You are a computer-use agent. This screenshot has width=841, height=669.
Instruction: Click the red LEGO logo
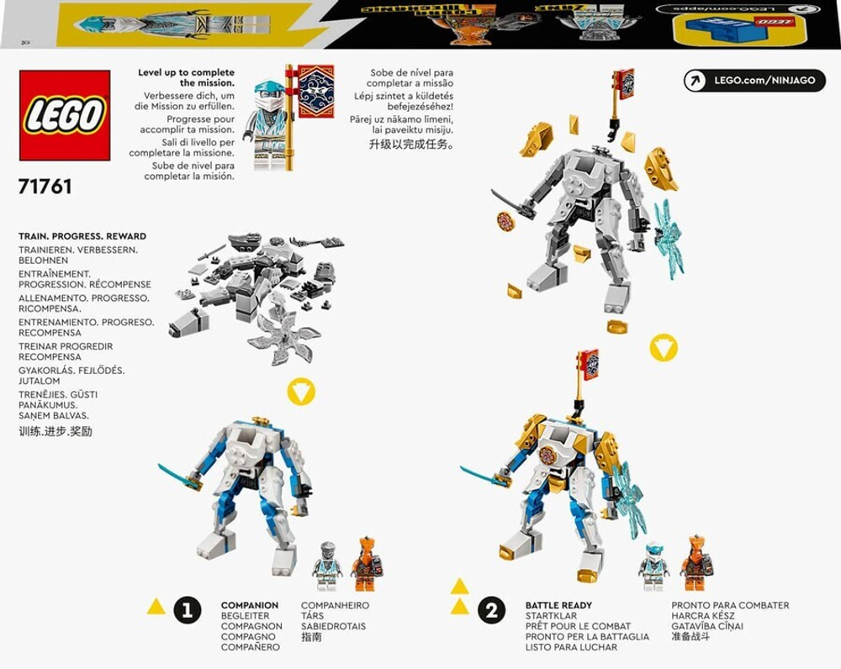tap(65, 115)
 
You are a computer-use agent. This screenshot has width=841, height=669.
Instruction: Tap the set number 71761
tap(45, 187)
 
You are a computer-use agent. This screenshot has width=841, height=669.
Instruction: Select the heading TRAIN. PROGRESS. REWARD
tap(82, 237)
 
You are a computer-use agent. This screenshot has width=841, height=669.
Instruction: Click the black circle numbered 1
tap(187, 610)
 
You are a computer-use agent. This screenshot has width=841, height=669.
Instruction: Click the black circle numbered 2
tap(492, 610)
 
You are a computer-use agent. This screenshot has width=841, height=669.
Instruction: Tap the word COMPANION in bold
tap(250, 605)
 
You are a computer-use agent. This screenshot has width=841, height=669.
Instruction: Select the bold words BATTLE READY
tap(558, 605)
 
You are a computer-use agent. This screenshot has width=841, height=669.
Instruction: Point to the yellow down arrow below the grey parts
tap(300, 391)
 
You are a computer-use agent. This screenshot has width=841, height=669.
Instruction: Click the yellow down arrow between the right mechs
tap(664, 347)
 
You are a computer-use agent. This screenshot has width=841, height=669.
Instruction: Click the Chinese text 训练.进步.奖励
tap(56, 431)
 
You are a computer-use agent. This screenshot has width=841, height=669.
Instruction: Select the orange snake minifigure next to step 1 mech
tap(365, 564)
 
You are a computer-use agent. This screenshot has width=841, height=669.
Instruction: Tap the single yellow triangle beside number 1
tap(156, 607)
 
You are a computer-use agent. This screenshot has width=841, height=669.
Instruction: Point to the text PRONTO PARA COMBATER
tap(729, 605)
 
